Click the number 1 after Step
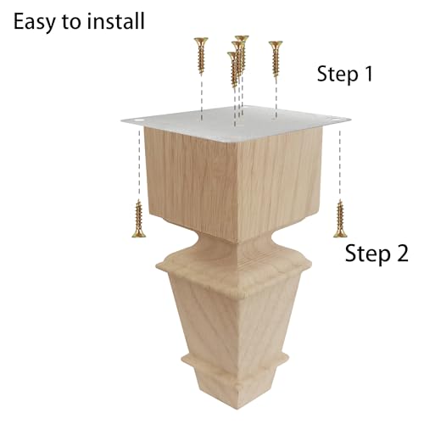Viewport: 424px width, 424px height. (x=368, y=74)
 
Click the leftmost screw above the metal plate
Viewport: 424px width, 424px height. (x=201, y=56)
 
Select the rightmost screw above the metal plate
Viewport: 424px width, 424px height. (x=276, y=59)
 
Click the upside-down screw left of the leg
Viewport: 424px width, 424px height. (x=139, y=219)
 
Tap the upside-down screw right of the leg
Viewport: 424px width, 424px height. (x=340, y=219)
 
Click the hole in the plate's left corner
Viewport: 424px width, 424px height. (x=138, y=120)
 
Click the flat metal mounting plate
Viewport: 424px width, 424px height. (x=236, y=123)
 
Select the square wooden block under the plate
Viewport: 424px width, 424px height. (x=235, y=184)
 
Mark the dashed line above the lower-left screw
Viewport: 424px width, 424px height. (x=139, y=165)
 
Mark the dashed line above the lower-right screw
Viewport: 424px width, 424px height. (x=340, y=165)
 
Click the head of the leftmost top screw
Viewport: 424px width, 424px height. (x=201, y=41)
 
